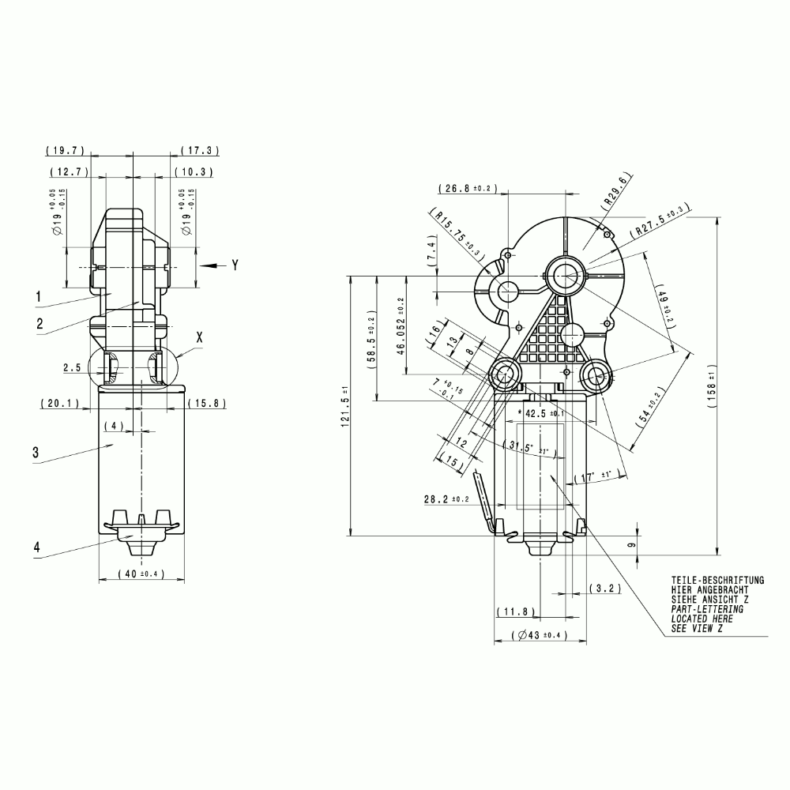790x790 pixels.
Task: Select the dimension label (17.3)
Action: coord(200,150)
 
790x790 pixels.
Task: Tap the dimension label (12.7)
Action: coord(69,171)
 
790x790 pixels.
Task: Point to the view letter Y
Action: coord(234,266)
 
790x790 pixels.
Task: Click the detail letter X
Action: coord(199,337)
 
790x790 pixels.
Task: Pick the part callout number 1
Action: coord(37,295)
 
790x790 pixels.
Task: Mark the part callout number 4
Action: coord(37,546)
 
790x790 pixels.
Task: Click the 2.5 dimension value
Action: coord(73,367)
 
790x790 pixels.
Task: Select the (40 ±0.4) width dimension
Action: coord(141,574)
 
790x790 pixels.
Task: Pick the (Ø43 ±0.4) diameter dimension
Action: coord(540,635)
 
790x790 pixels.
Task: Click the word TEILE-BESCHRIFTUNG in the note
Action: coord(717,581)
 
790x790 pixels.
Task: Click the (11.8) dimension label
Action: coord(517,612)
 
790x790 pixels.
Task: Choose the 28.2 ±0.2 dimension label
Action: coord(446,499)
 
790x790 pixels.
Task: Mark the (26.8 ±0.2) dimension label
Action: coord(467,189)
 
